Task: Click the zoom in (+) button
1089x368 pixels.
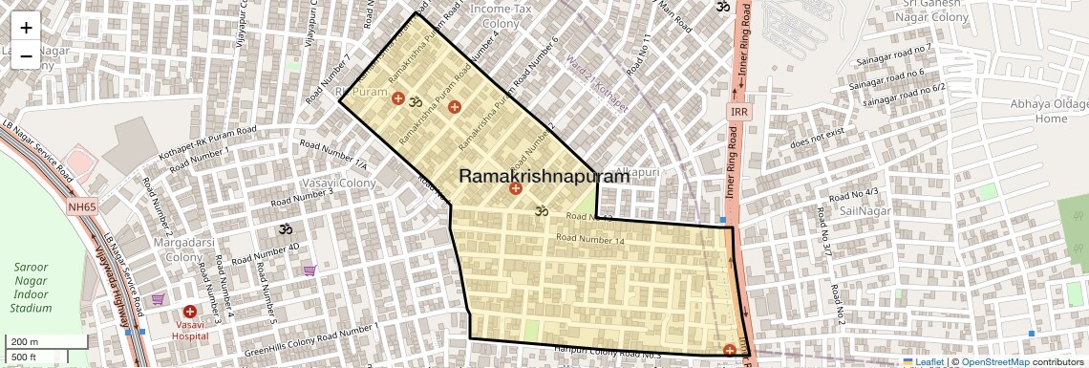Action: coord(26,28)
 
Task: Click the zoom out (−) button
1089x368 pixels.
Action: coord(26,55)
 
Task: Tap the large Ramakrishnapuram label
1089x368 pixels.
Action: coord(544,176)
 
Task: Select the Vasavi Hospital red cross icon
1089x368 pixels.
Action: coord(190,312)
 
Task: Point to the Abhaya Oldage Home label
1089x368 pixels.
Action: coord(1050,111)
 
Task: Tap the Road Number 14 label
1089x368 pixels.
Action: coord(589,240)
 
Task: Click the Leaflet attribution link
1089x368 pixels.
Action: coord(923,361)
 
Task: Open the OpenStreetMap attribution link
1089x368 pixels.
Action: coord(995,361)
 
